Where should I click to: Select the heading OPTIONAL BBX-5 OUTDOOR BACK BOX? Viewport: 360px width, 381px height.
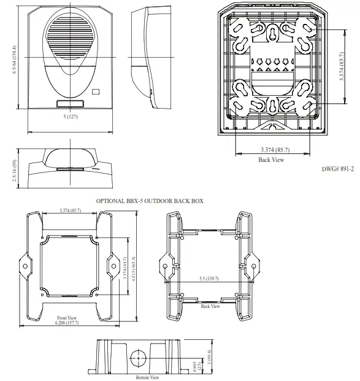coord(151,201)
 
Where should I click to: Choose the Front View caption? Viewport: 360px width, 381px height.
coord(66,317)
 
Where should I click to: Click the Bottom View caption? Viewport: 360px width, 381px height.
coord(147,377)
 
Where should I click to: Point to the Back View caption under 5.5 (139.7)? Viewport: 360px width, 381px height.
coord(210,306)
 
